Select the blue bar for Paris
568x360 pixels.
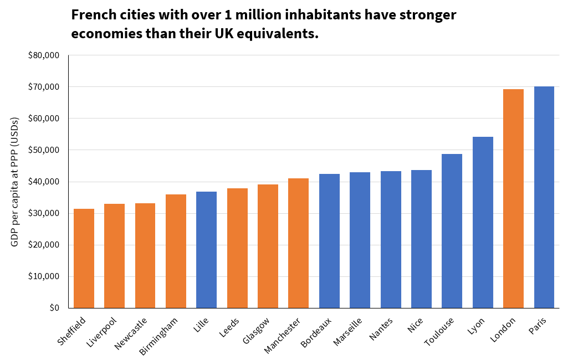(x=544, y=197)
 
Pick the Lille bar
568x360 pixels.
(x=206, y=250)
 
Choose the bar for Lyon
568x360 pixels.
(x=483, y=222)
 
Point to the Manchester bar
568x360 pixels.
(x=298, y=243)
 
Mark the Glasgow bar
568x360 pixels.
(x=268, y=246)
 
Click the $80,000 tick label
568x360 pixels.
(x=44, y=55)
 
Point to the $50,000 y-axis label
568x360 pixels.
(x=44, y=150)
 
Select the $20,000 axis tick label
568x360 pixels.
(x=44, y=245)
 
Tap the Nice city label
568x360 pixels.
(x=415, y=326)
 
